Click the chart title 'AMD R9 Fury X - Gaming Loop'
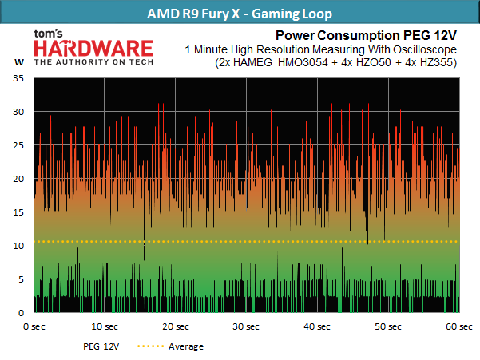(240, 14)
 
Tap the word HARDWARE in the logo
(93, 49)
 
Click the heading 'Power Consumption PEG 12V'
(366, 35)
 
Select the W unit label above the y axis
(19, 62)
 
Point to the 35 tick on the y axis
(18, 78)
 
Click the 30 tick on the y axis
(18, 112)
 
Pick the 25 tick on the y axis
(18, 145)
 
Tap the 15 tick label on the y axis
(18, 212)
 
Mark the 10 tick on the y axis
(18, 246)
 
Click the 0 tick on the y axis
(21, 313)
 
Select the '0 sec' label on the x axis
(34, 326)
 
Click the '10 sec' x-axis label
(105, 326)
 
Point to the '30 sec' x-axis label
(246, 326)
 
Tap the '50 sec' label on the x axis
(388, 326)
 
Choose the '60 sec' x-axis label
(459, 326)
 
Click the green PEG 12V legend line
(66, 346)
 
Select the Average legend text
(186, 347)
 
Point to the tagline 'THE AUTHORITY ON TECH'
(93, 62)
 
